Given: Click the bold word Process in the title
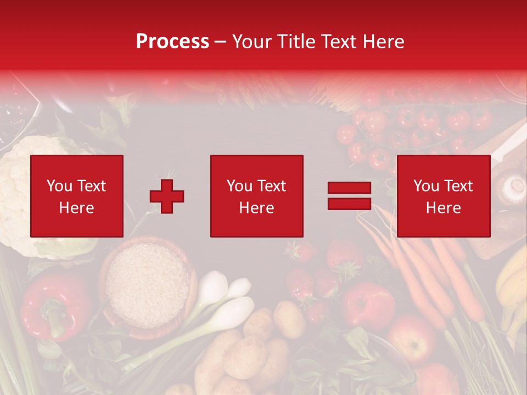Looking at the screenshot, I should pos(172,41).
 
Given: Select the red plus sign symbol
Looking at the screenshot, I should pos(167,196).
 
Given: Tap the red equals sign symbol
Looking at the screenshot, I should pos(349,196).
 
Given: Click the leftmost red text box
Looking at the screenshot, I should pos(77,196).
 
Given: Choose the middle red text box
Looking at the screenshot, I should pos(256,196).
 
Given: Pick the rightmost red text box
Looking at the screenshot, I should pos(443,196).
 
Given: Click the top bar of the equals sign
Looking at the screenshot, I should pos(349,188).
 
